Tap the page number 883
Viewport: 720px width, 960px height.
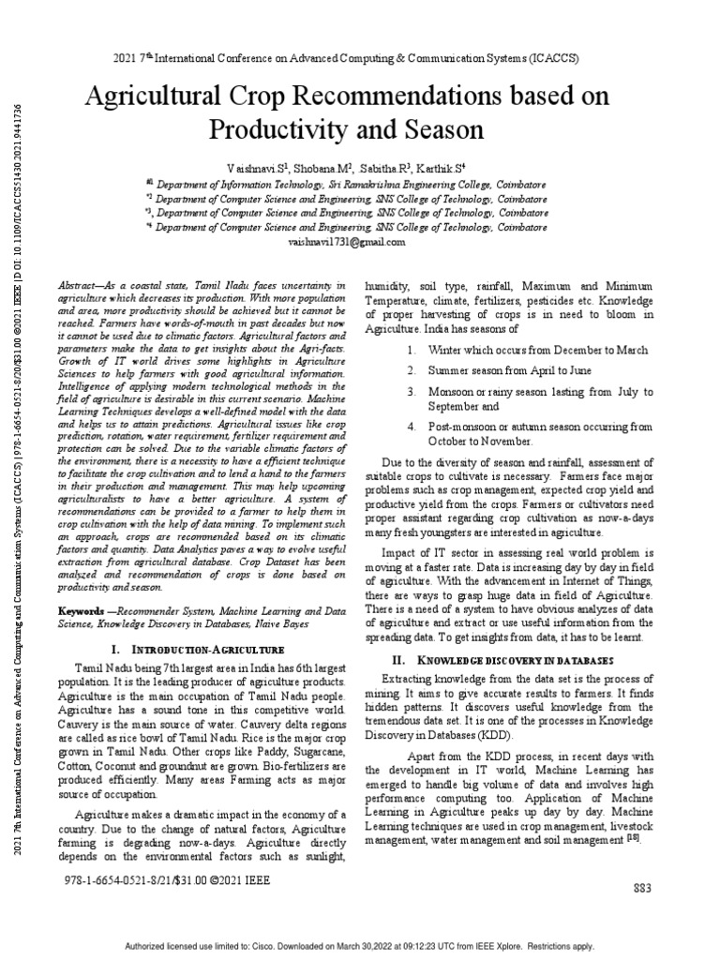pyautogui.click(x=642, y=888)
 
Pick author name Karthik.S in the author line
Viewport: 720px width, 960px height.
pyautogui.click(x=453, y=167)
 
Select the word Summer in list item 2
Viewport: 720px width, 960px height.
pyautogui.click(x=447, y=370)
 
